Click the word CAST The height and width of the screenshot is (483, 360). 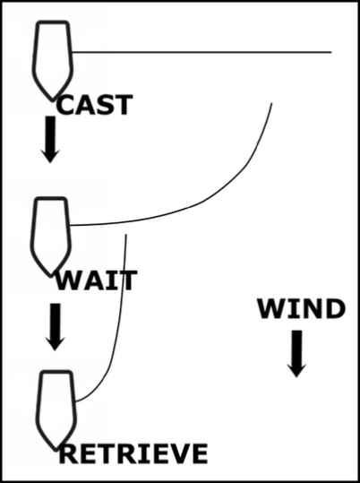[x=95, y=105]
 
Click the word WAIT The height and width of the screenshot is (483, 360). [x=96, y=280]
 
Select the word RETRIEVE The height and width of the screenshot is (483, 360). [x=133, y=453]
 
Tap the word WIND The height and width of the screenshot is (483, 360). [x=301, y=308]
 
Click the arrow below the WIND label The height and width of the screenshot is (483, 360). [x=296, y=354]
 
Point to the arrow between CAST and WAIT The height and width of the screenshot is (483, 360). [x=50, y=139]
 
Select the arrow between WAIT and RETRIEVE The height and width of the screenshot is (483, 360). [x=56, y=327]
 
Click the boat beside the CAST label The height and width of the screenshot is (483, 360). [x=53, y=61]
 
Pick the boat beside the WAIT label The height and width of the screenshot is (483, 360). [x=50, y=237]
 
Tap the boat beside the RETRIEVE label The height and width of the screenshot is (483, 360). [x=56, y=410]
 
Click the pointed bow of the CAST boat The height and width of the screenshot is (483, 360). [x=52, y=99]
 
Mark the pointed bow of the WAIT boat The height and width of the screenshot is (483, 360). [x=50, y=275]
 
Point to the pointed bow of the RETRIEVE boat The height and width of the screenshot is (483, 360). [x=56, y=449]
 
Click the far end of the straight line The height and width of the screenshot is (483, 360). [x=331, y=52]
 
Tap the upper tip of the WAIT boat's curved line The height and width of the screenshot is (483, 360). [x=272, y=103]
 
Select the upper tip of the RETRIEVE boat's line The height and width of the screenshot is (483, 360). [x=126, y=235]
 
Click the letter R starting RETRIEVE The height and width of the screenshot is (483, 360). [x=68, y=453]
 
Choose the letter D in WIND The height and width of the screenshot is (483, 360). [x=336, y=308]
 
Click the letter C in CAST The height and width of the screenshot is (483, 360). [x=65, y=105]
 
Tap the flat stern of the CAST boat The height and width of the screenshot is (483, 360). [x=53, y=22]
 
